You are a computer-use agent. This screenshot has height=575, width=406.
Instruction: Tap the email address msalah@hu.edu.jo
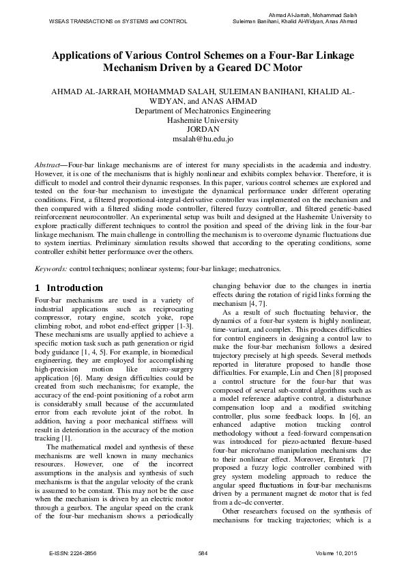[203, 138]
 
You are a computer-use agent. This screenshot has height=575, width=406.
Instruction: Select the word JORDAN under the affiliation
[203, 128]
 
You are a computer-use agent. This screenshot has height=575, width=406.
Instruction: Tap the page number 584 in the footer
[203, 552]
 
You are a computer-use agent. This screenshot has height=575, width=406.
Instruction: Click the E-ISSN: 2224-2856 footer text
[71, 552]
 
